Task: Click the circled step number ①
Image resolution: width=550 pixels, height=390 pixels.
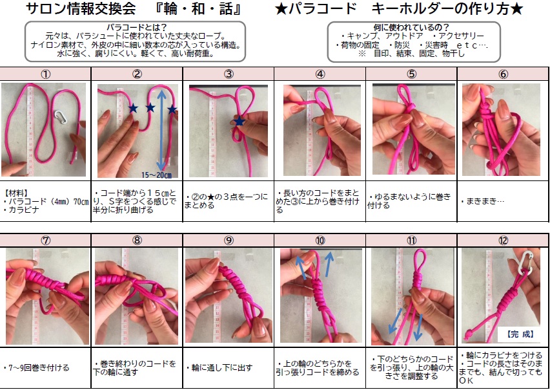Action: point(46,74)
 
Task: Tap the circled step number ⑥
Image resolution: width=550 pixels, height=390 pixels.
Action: point(503,74)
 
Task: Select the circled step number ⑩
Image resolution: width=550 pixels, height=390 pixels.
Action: point(320,241)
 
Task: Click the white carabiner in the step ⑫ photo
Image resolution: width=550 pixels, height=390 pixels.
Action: point(525,263)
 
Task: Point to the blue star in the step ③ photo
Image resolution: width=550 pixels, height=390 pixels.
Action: point(239,121)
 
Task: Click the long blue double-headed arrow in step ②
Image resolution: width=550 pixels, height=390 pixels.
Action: point(161,129)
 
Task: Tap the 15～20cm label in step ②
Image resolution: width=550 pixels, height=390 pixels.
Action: point(156,175)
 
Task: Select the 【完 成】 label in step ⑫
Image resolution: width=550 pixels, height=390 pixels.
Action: point(520,334)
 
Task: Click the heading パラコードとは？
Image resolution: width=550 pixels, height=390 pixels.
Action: point(136,27)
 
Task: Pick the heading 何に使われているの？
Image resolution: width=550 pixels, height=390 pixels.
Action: point(411,27)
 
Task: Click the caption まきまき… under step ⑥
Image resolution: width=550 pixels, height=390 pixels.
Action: point(483,201)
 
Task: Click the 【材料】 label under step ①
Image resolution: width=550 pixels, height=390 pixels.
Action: point(16,193)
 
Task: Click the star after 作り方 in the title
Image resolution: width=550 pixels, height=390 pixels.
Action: point(516,9)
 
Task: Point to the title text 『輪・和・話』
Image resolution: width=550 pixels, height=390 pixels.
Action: point(198,9)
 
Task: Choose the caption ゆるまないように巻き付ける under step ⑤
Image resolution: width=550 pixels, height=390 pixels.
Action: point(409,201)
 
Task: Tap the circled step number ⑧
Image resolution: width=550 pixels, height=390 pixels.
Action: point(137,241)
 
